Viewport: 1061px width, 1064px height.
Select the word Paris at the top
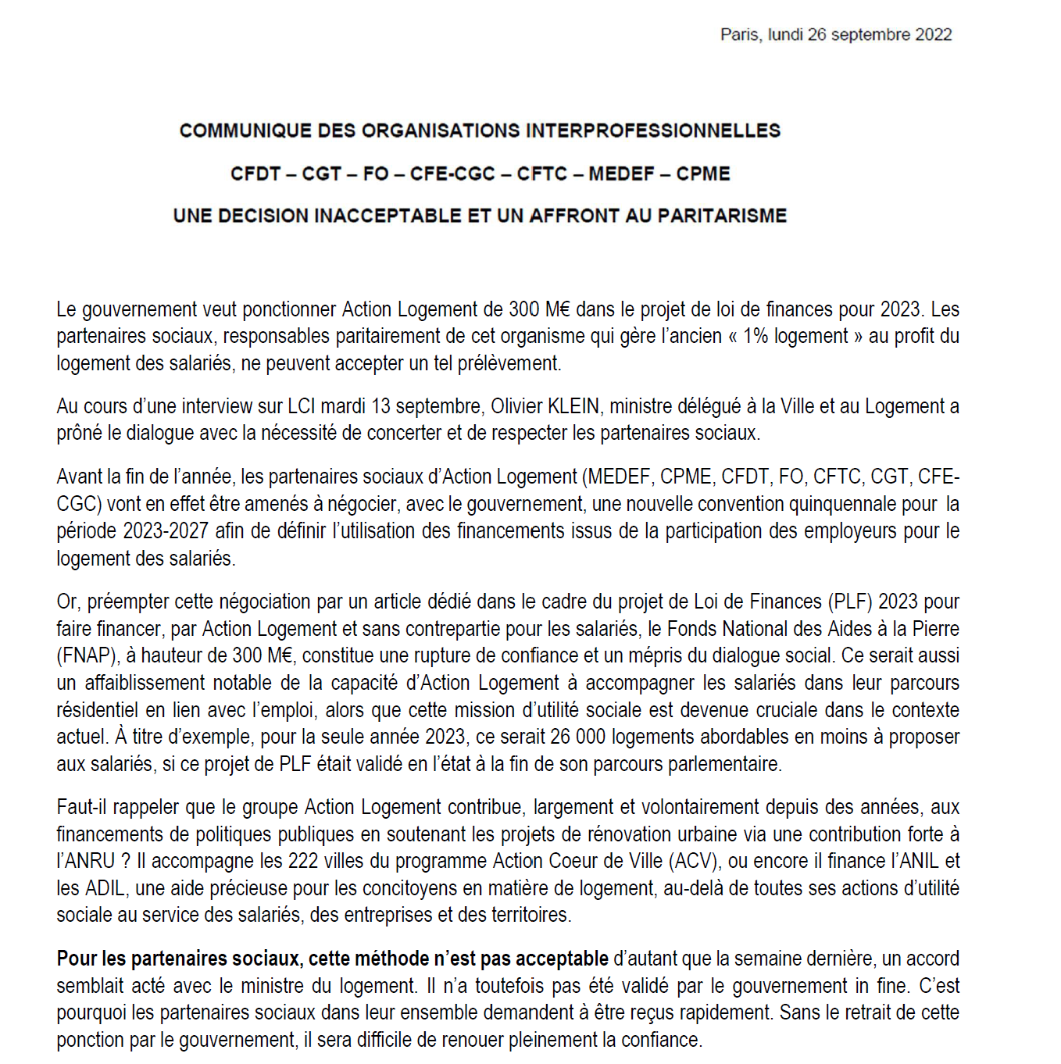(738, 34)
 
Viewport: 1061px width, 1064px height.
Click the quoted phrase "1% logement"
(795, 337)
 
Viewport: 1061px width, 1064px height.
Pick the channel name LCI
(302, 407)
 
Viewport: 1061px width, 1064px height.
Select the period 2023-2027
(165, 531)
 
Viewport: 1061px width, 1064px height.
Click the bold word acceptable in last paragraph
(562, 959)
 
